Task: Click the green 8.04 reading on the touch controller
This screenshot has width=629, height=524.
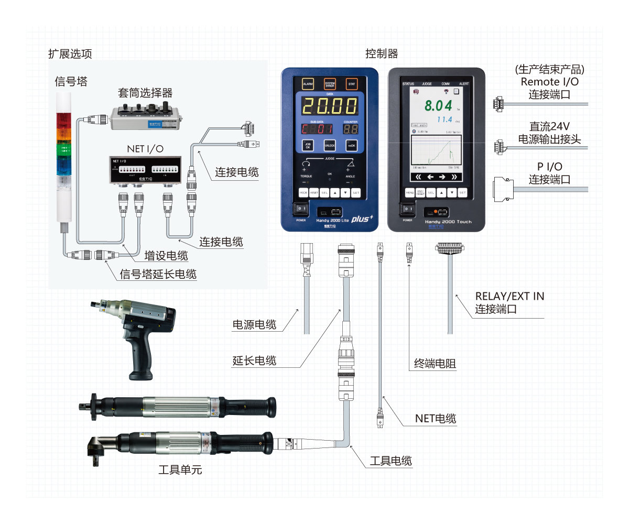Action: [x=438, y=106]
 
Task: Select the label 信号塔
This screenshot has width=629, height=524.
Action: [x=71, y=82]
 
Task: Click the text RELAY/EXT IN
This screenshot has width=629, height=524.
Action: [x=509, y=296]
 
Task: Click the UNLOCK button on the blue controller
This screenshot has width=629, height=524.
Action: [x=329, y=146]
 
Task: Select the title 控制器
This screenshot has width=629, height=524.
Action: [x=382, y=53]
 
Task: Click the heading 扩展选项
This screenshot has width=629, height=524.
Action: [x=70, y=53]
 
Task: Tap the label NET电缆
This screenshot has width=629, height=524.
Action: [x=435, y=418]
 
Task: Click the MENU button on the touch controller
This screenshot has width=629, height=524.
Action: [x=410, y=192]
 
